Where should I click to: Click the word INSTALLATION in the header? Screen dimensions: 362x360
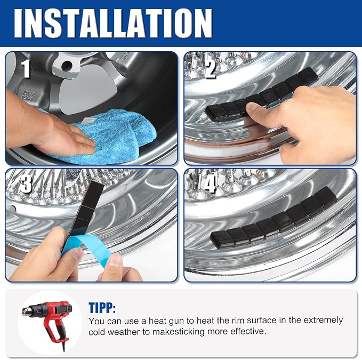pos(113,23)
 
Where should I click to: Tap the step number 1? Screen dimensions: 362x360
pos(26,68)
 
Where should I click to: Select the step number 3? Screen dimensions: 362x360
pos(26,183)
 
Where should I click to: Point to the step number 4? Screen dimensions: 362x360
pos(210,183)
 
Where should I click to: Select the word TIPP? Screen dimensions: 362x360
pos(102,307)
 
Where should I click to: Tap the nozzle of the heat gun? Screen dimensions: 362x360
pos(26,311)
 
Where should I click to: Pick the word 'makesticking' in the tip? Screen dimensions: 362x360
pos(178,332)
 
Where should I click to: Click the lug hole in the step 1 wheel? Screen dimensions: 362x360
pos(67,66)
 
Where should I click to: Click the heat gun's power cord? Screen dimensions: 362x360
pos(63,345)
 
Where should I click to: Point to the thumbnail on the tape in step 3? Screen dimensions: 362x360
pos(116,260)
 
